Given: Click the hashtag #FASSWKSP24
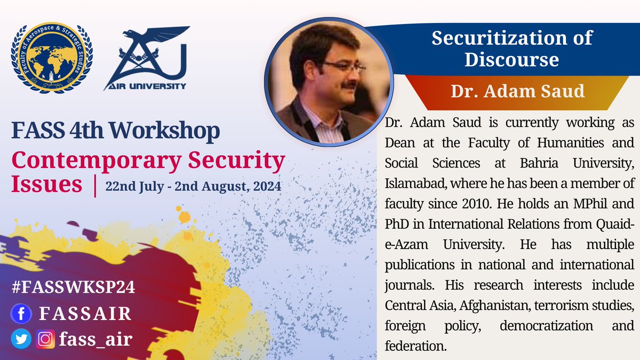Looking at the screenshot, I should click(x=73, y=287).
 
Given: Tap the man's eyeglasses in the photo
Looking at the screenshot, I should click(x=342, y=67).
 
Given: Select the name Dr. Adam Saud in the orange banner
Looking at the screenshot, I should click(x=517, y=91).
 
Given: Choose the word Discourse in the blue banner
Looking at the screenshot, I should click(x=511, y=59).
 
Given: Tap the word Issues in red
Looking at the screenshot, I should click(x=47, y=185).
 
